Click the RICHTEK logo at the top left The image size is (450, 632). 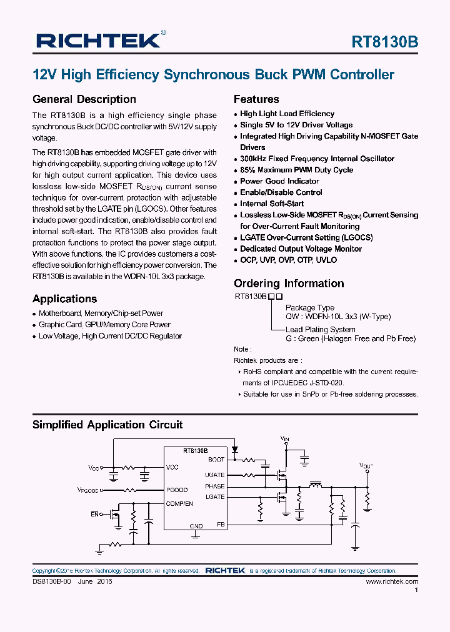click(98, 41)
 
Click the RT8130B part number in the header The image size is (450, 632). click(385, 42)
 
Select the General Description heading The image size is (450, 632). click(84, 99)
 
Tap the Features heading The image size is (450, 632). click(256, 99)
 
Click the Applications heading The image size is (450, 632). click(64, 299)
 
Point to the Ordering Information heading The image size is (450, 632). click(289, 284)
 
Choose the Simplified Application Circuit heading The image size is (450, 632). click(107, 425)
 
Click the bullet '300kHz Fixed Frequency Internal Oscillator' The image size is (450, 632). click(317, 159)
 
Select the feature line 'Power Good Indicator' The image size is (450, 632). click(279, 181)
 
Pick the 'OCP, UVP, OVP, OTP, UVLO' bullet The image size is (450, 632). click(288, 260)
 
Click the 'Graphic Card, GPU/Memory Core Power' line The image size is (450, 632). click(104, 325)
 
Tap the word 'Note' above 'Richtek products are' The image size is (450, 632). click(241, 349)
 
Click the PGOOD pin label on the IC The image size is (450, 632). click(177, 490)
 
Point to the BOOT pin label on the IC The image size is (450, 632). click(216, 460)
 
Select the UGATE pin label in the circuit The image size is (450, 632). click(214, 475)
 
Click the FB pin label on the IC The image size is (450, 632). click(220, 524)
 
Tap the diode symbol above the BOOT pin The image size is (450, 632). click(235, 449)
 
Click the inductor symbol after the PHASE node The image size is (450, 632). click(316, 483)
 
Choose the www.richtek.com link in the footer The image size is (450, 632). click(391, 581)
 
